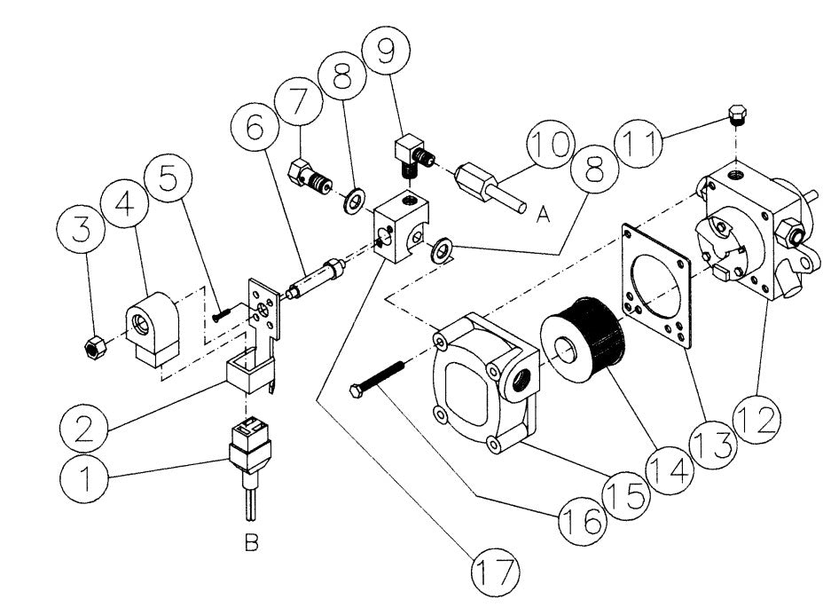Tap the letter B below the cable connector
(252, 542)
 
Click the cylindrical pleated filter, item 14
(584, 334)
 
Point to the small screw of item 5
(222, 312)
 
